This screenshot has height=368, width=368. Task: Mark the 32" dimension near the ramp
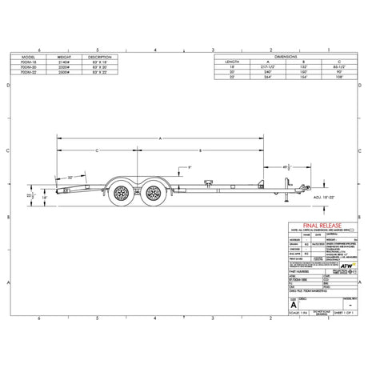point(71,177)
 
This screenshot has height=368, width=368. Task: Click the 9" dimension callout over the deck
point(189,166)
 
